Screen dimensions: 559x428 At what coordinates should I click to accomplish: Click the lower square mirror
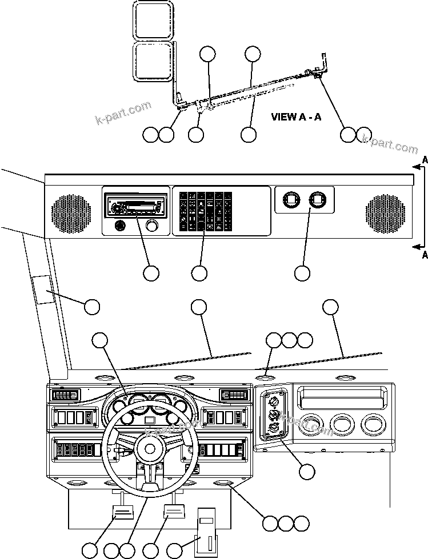click(153, 61)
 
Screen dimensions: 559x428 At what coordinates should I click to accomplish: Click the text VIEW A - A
click(296, 117)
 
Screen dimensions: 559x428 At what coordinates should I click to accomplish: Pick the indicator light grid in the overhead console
click(206, 210)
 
